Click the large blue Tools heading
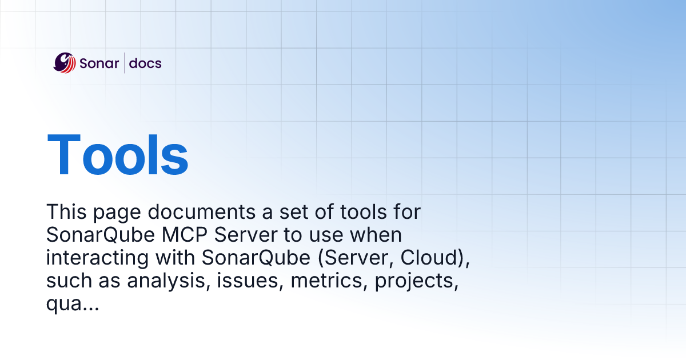(x=118, y=154)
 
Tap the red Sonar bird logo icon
(x=65, y=63)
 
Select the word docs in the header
(x=145, y=63)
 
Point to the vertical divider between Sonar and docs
(x=124, y=63)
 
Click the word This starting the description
(x=64, y=213)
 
